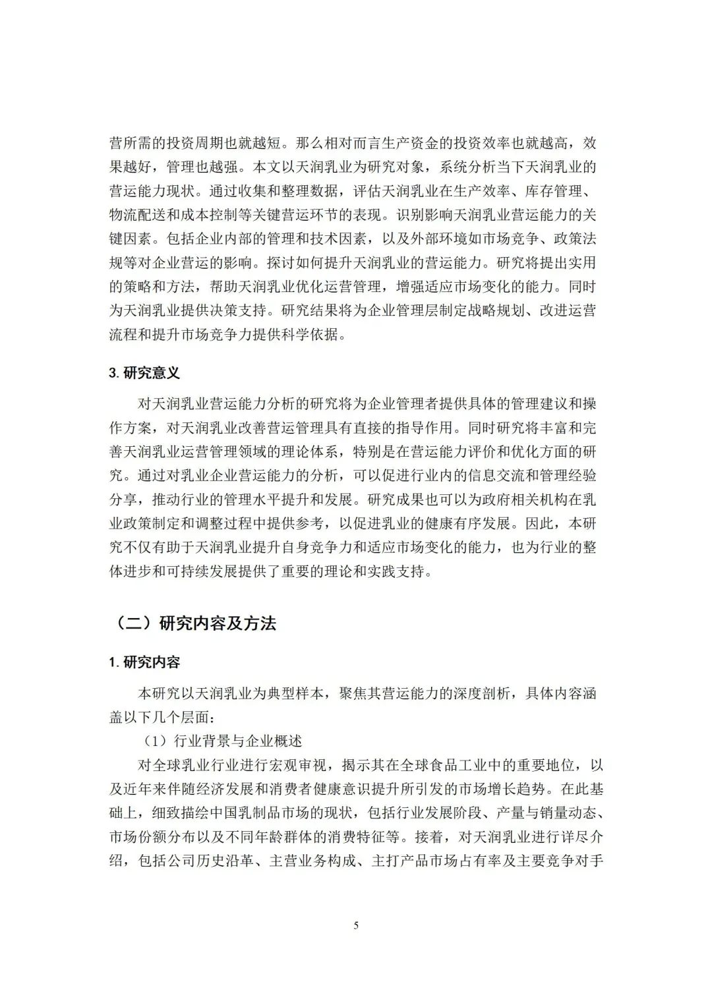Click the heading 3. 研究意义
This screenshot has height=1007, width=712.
click(144, 373)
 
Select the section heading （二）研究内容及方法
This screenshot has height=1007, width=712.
click(192, 623)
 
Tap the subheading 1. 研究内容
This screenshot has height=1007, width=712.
click(144, 662)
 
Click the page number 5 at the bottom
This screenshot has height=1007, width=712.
click(356, 925)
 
